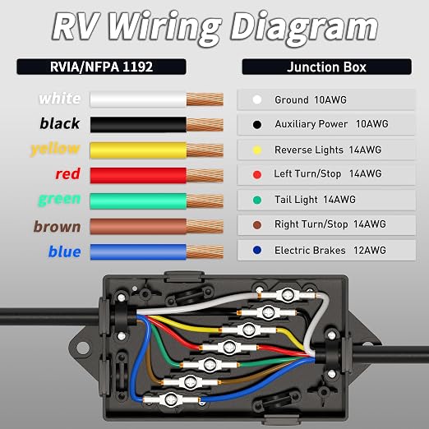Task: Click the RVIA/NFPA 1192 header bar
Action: tap(101, 67)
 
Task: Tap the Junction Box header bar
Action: tap(326, 67)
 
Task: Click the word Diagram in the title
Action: tap(304, 27)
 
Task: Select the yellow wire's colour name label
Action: tap(55, 150)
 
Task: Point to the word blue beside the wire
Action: tap(65, 251)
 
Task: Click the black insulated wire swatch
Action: tap(138, 125)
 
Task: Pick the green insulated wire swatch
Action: tap(138, 201)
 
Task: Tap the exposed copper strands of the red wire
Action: tap(205, 175)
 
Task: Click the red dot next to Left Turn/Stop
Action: tap(257, 174)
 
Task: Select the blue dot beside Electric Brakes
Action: tap(257, 250)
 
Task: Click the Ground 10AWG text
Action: tap(311, 100)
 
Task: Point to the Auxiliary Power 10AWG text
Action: tap(331, 124)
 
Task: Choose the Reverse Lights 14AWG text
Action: tap(328, 150)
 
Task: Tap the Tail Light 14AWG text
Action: tap(315, 200)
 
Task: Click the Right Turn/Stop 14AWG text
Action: tap(330, 224)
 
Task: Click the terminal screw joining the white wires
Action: tap(288, 295)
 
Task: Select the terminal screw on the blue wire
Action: tap(172, 399)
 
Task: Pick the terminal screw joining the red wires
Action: tap(229, 347)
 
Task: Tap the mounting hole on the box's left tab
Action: tap(83, 348)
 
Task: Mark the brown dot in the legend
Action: tap(257, 225)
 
